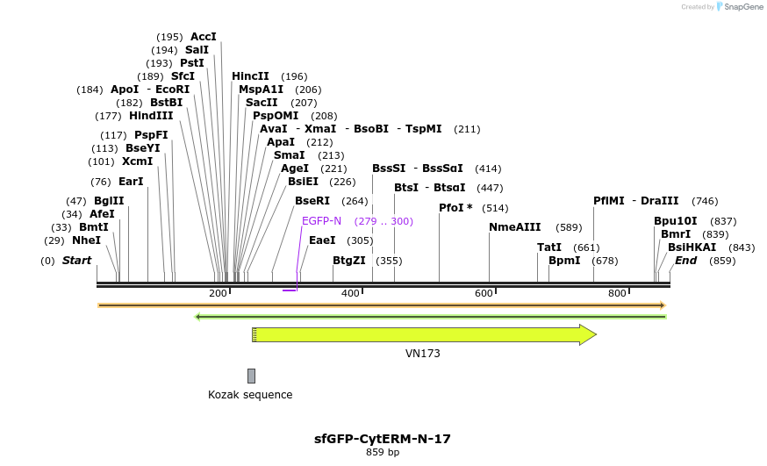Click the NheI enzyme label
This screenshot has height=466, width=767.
(x=86, y=240)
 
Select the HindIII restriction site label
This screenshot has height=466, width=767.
(x=151, y=116)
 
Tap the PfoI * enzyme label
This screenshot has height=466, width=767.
(x=455, y=208)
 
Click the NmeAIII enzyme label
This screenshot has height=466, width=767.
(x=515, y=227)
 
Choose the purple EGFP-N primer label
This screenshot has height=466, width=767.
(x=321, y=221)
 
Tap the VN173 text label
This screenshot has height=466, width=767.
(x=423, y=354)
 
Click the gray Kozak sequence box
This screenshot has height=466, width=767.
(x=251, y=376)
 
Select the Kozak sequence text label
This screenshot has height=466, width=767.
(x=250, y=395)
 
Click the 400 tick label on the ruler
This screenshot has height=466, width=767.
(x=350, y=293)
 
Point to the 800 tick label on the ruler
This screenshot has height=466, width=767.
(x=617, y=293)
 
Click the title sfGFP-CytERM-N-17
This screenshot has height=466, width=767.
(x=383, y=438)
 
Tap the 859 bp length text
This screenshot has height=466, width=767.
(x=383, y=453)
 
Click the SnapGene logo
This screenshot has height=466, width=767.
(x=739, y=7)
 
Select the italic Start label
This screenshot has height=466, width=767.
(x=76, y=261)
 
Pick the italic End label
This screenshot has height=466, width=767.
(x=685, y=261)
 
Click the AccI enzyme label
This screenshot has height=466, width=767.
(x=203, y=37)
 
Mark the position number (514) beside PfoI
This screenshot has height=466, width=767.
(x=495, y=208)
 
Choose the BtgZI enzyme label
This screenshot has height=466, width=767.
(x=349, y=261)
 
